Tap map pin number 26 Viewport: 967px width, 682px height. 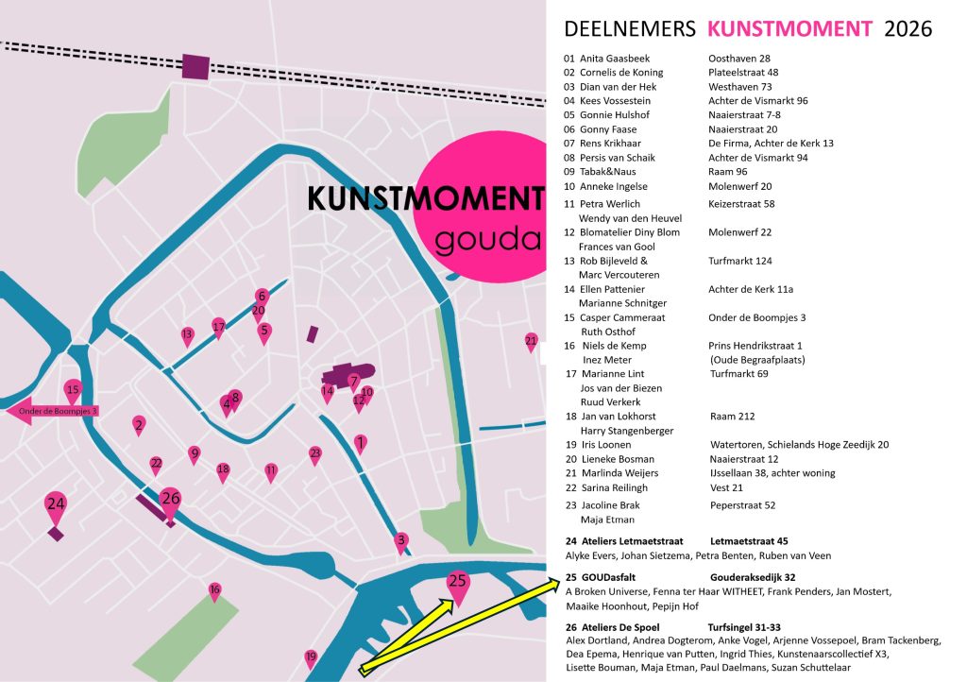(170, 500)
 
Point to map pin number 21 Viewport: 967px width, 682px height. (531, 341)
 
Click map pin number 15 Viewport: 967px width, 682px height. (73, 390)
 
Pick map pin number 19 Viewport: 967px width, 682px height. (311, 657)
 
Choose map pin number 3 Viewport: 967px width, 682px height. (400, 541)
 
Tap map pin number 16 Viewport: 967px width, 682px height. (215, 591)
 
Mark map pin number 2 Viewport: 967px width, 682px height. (139, 426)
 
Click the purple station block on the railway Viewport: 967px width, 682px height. (195, 67)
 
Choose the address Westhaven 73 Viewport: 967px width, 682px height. (739, 87)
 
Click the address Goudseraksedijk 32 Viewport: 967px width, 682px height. (753, 577)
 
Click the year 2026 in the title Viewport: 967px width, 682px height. (908, 28)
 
